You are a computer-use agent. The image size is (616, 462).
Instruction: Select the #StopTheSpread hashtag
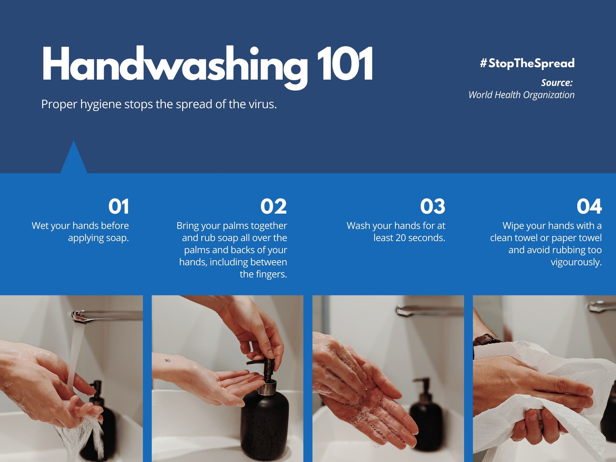tap(527, 63)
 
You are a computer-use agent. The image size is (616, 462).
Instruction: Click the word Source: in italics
tap(557, 82)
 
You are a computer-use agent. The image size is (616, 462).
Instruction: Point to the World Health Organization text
tap(521, 95)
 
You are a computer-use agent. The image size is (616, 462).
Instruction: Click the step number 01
tap(119, 206)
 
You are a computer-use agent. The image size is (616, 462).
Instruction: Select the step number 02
tap(274, 206)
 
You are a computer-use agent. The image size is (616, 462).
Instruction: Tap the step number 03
tap(432, 206)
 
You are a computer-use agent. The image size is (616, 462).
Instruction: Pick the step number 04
tap(589, 206)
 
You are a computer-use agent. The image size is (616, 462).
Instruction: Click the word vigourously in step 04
tap(576, 263)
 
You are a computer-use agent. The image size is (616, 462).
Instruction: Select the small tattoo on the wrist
tap(167, 360)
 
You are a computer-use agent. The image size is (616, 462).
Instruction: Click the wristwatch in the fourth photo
tap(486, 341)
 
